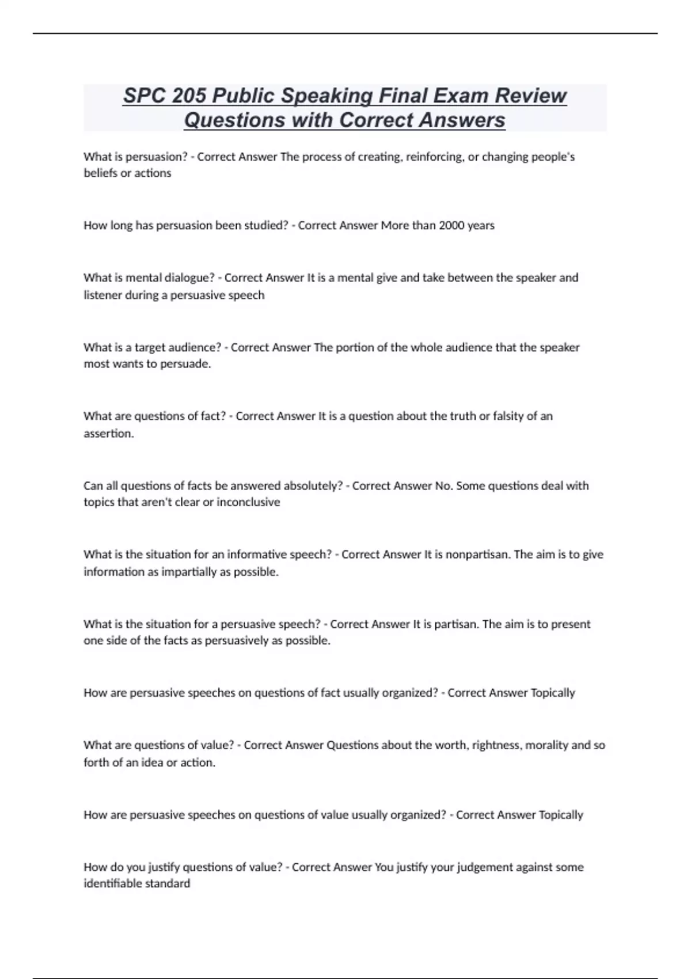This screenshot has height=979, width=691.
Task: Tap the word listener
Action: [x=102, y=295]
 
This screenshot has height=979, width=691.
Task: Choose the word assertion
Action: [x=108, y=433]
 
